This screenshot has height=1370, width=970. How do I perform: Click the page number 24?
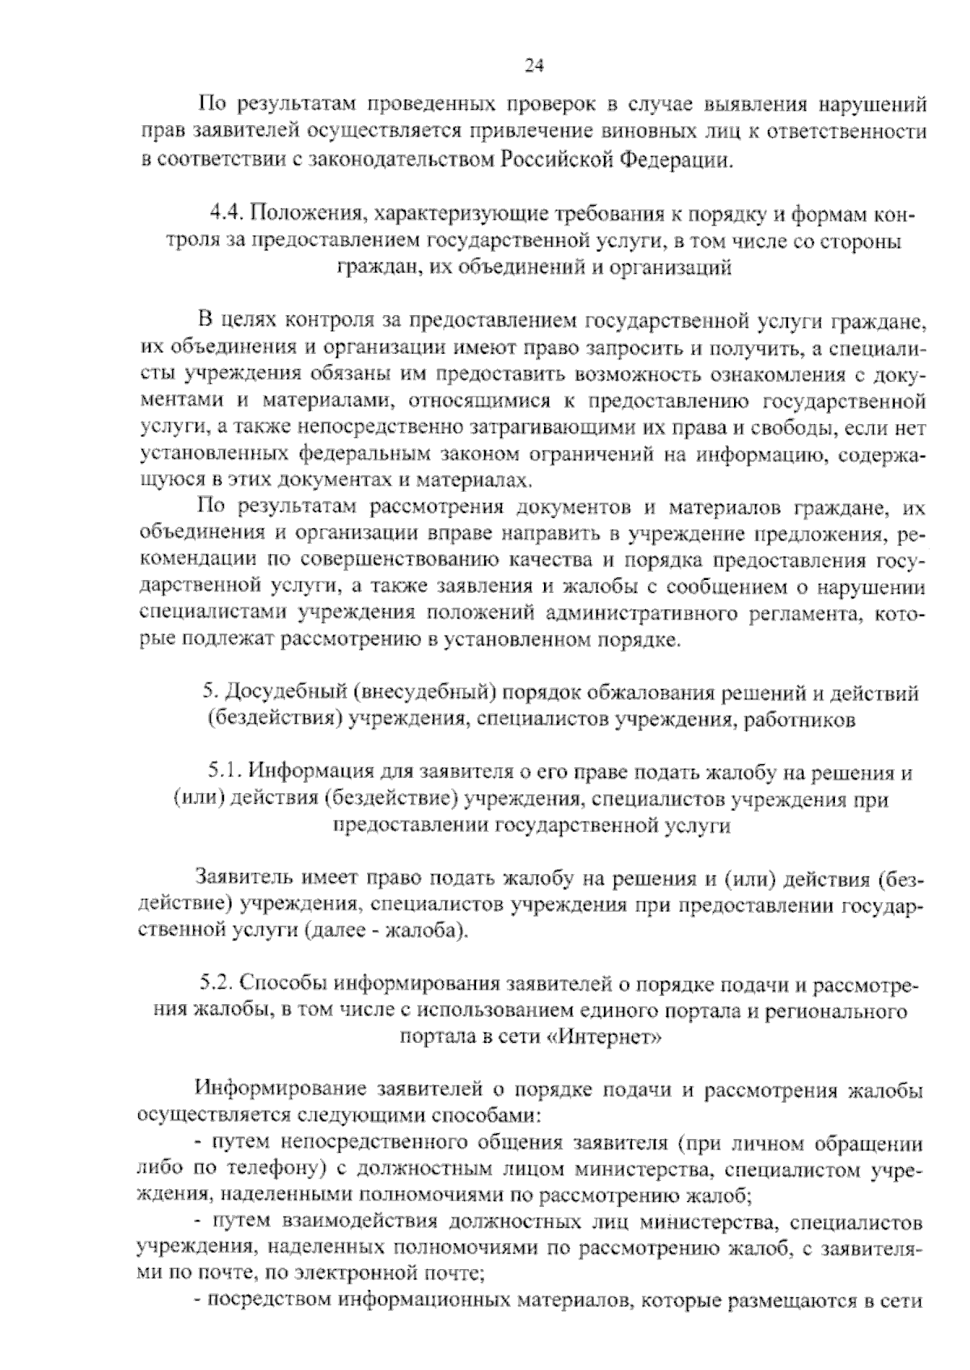pyautogui.click(x=534, y=66)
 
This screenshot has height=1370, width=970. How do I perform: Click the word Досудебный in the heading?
pyautogui.click(x=277, y=692)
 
